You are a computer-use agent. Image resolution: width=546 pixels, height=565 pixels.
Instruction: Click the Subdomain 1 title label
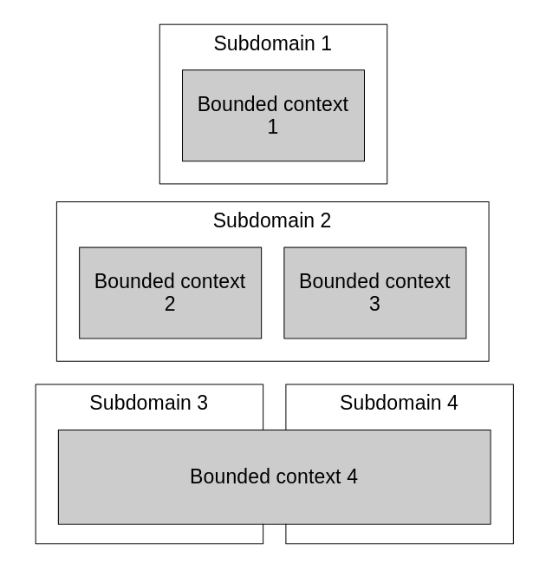click(x=272, y=43)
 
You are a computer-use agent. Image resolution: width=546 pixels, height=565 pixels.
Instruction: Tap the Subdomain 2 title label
click(x=272, y=220)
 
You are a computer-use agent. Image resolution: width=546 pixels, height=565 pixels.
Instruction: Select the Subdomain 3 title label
click(x=148, y=403)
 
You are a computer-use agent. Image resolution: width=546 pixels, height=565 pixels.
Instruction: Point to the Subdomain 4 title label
click(x=399, y=403)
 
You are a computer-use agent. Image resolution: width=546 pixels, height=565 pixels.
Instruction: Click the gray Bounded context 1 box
click(x=273, y=143)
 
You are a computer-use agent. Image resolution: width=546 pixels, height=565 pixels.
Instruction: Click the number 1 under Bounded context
click(x=273, y=127)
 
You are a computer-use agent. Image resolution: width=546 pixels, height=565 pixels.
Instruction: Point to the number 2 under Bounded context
click(x=170, y=304)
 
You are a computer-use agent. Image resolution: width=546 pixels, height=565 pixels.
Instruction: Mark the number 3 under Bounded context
click(x=374, y=304)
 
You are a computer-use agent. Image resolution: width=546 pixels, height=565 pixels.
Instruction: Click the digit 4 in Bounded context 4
click(x=352, y=476)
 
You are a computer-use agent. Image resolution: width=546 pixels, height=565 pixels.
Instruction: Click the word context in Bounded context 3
click(x=418, y=281)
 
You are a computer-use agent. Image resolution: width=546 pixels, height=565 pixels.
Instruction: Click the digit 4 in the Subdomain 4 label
click(x=452, y=403)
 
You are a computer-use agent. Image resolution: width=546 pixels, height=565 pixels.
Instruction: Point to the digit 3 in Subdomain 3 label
click(x=202, y=403)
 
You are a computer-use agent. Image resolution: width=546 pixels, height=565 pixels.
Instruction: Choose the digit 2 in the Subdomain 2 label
click(x=326, y=220)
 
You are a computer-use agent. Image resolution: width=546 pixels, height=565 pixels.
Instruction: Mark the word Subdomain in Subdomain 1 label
click(x=263, y=43)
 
